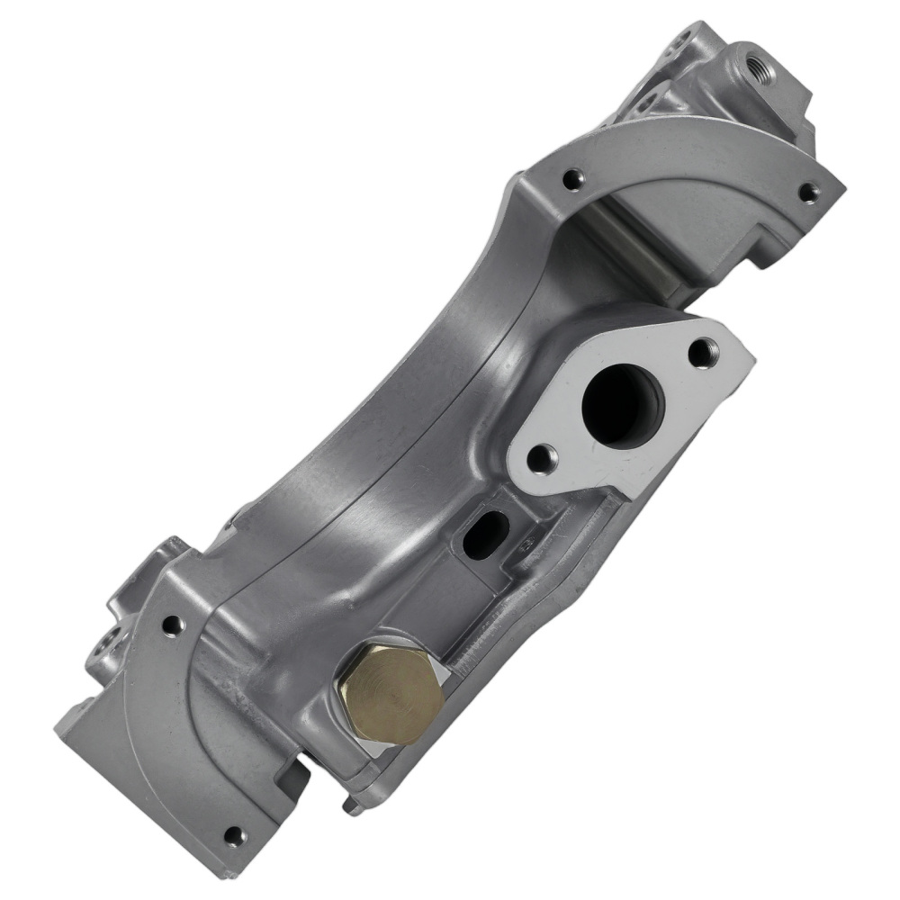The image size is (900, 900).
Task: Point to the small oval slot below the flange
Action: coord(485,534)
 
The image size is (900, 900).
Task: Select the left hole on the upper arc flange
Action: coord(568,179)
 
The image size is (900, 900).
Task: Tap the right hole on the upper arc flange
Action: coord(807,191)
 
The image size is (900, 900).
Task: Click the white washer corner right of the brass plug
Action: coord(443,670)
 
